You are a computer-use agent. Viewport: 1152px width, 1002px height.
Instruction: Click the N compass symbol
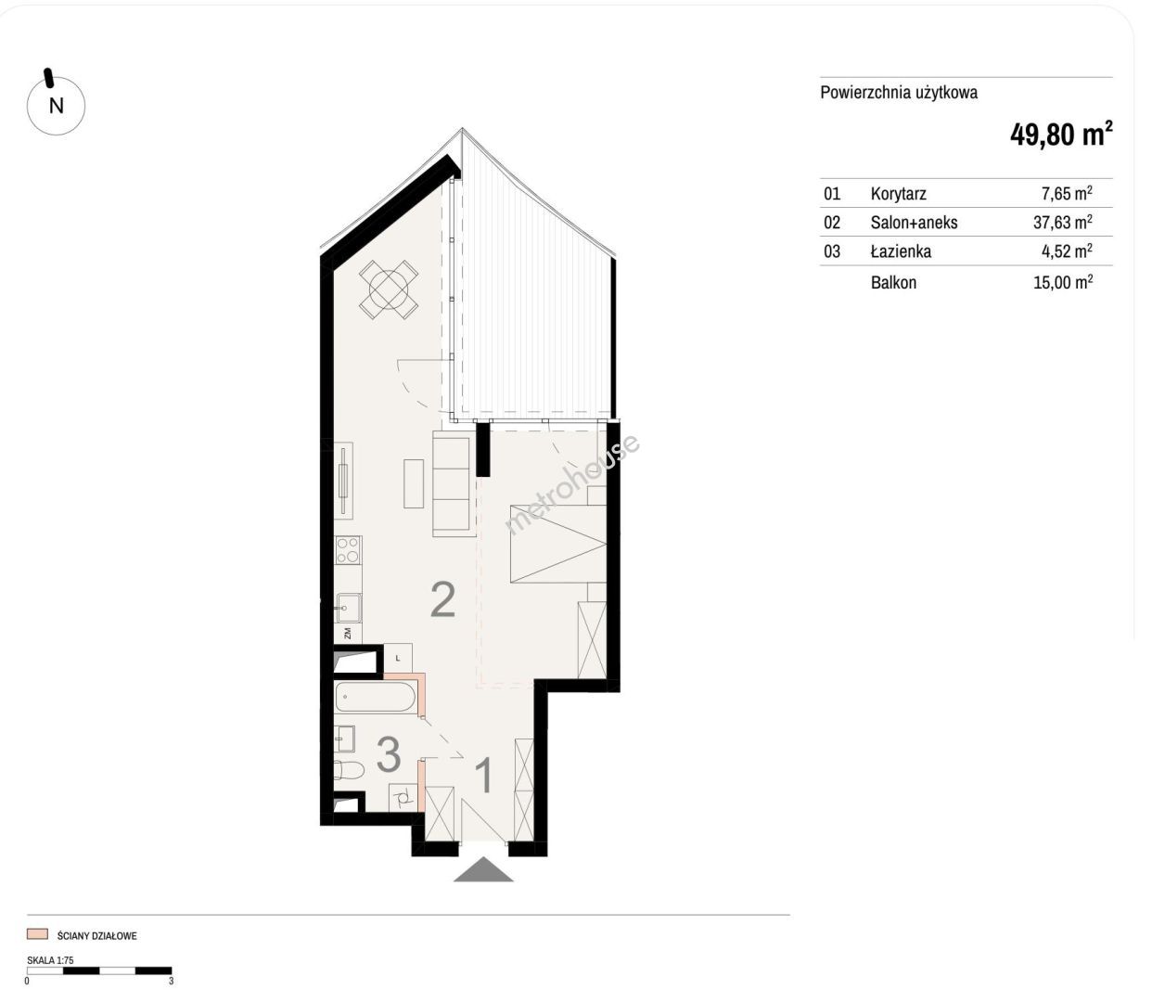point(56,105)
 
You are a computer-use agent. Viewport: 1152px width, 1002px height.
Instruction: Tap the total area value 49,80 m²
point(1061,134)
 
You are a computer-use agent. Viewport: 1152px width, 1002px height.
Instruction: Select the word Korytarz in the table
point(898,194)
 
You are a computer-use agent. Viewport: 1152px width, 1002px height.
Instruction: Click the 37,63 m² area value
point(1062,222)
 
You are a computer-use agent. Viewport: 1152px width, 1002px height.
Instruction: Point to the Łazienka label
point(901,250)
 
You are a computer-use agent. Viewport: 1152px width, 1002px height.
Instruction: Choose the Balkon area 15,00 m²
point(1063,282)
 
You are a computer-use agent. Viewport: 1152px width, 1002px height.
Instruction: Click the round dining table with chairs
point(389,289)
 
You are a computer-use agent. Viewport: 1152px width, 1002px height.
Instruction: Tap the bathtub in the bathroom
point(376,698)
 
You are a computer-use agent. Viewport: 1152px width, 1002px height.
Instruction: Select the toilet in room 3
point(349,769)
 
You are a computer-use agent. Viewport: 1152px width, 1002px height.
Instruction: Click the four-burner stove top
point(348,550)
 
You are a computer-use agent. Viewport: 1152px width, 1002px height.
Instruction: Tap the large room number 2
point(442,600)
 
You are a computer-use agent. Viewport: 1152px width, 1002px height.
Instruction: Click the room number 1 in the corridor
point(484,776)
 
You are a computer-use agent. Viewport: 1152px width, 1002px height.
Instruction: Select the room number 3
point(389,753)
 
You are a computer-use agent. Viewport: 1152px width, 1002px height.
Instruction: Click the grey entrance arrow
point(483,869)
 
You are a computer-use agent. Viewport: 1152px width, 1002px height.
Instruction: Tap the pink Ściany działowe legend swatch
point(37,934)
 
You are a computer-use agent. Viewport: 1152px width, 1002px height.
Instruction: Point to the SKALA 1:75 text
point(50,960)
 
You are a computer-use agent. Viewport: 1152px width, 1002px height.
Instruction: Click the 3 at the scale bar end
point(172,981)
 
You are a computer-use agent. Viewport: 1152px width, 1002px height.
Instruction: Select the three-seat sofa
point(451,483)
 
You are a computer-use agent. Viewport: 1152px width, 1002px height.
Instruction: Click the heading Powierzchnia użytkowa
point(899,93)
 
